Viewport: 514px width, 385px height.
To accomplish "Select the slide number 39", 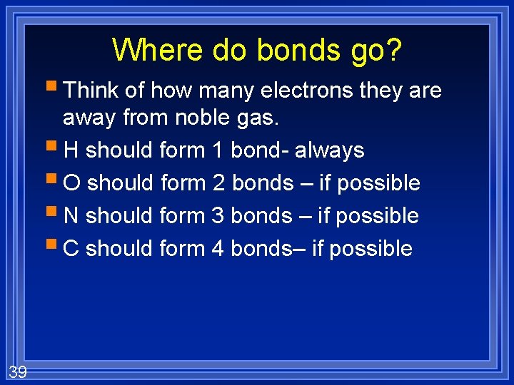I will click(18, 371).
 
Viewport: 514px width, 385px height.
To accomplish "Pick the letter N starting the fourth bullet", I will click(71, 216).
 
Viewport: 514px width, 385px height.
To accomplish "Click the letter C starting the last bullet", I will click(71, 249).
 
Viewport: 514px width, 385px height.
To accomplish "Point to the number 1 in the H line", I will click(218, 150).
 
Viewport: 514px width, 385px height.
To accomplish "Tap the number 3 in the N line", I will click(219, 216).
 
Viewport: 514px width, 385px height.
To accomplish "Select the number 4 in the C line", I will click(218, 249).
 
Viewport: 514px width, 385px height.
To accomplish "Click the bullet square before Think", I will click(55, 89).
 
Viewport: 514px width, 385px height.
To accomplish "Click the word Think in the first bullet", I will click(91, 91).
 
